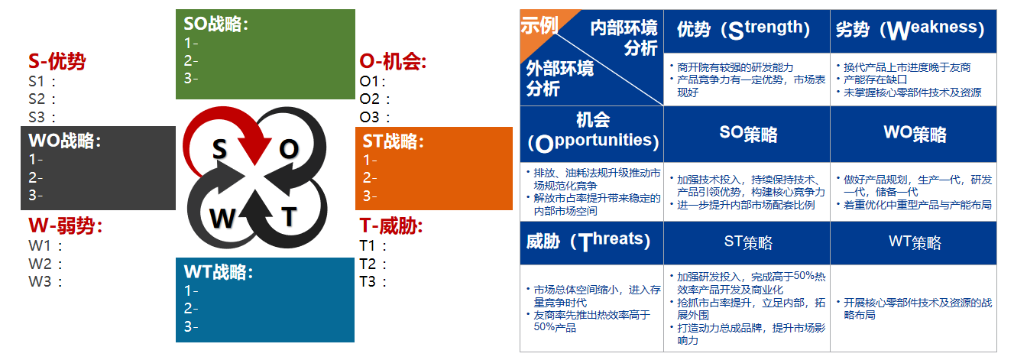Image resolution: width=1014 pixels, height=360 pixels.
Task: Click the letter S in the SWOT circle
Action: pos(219,149)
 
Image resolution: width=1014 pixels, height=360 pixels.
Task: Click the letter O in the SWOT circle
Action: pos(290,149)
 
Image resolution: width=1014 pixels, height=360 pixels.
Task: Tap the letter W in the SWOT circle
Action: pos(222,218)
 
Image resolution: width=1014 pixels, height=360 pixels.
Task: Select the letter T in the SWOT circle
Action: pos(290,216)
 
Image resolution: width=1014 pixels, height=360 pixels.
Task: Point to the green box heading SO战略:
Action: pos(216,24)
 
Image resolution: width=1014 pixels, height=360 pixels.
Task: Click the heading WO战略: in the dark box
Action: pos(65,141)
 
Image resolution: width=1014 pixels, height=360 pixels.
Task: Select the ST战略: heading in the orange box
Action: pos(394,141)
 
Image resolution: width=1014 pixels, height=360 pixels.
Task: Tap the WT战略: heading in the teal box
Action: pos(219,271)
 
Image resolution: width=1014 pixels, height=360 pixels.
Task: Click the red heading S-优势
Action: pos(57,61)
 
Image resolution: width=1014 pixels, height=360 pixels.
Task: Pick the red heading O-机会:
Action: pos(393,61)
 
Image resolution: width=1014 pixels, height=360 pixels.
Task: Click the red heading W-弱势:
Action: pos(65,225)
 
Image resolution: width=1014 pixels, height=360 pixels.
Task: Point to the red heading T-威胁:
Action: pos(391,225)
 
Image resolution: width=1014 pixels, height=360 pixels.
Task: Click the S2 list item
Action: pos(42,99)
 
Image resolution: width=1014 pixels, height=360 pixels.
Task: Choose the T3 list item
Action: pos(373,282)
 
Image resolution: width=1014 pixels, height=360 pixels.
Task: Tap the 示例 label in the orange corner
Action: pos(539,25)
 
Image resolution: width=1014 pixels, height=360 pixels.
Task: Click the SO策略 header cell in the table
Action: pos(748,134)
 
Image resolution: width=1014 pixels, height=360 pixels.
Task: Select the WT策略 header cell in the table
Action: pos(915,242)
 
